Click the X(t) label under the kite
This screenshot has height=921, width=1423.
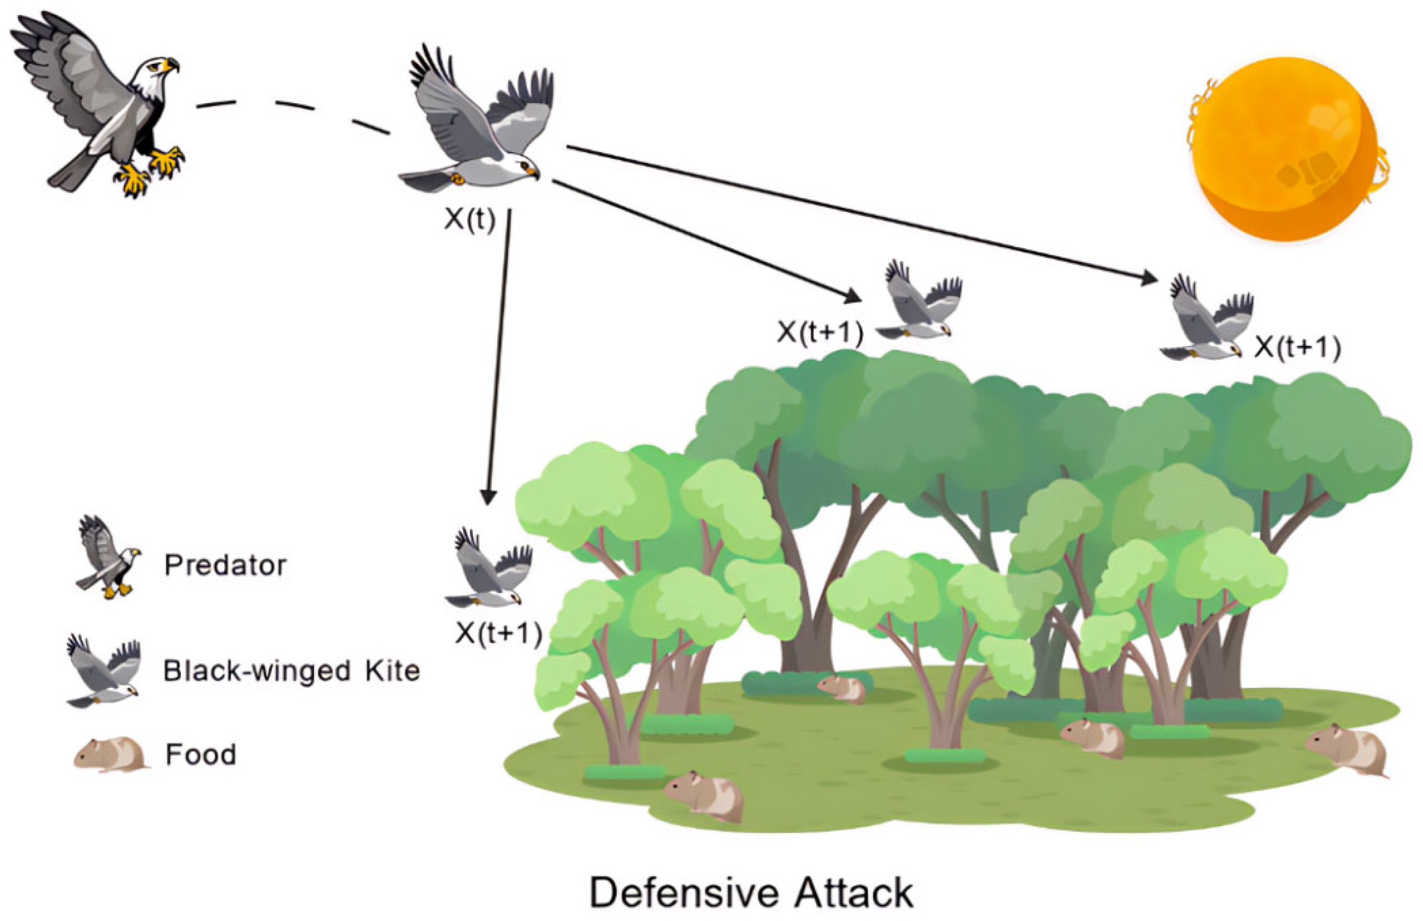[x=470, y=220]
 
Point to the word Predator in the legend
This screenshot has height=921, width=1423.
[x=226, y=565]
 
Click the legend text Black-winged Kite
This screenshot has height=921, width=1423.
[x=291, y=671]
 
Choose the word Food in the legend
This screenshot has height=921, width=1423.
[x=201, y=755]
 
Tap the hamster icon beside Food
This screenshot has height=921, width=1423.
[x=110, y=754]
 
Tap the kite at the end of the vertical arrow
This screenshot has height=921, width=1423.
[x=487, y=568]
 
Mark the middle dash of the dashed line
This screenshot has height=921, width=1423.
[x=294, y=106]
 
